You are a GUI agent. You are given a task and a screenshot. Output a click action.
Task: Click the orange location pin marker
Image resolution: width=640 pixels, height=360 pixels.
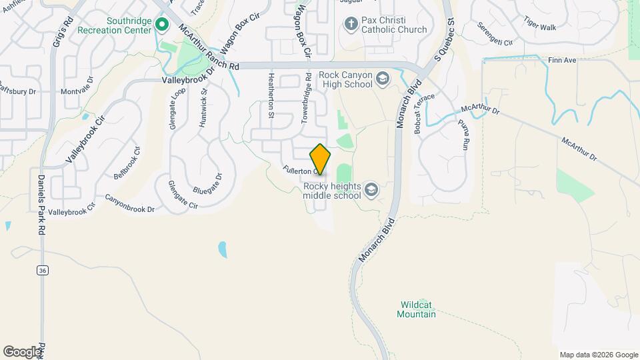320,159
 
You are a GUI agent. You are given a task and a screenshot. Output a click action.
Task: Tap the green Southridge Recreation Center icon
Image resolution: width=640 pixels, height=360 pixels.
161,25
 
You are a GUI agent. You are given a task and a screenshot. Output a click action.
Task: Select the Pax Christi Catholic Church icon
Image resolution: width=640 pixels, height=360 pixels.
351,25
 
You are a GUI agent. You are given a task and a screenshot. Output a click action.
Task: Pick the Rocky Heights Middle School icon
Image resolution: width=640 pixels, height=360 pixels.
371,191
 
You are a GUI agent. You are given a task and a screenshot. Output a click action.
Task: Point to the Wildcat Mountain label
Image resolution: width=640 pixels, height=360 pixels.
418,309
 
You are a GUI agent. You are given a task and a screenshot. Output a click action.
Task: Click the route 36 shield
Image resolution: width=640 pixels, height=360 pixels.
43,270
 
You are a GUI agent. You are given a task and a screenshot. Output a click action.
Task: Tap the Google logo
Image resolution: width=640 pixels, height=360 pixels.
22,351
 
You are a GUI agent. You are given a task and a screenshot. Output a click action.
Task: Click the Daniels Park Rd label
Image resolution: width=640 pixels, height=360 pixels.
41,201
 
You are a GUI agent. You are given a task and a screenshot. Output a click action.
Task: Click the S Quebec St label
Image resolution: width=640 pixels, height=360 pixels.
445,38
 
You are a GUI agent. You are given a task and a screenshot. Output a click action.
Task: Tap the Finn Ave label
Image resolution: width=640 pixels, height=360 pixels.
561,60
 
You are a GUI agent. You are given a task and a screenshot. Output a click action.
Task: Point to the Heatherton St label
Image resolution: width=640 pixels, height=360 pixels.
271,95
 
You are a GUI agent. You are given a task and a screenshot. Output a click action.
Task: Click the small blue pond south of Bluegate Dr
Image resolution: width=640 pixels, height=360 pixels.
222,250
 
